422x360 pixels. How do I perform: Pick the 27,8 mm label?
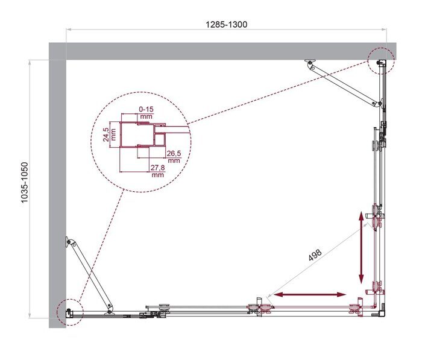[158, 172]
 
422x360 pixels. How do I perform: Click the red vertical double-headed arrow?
[362, 247]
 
